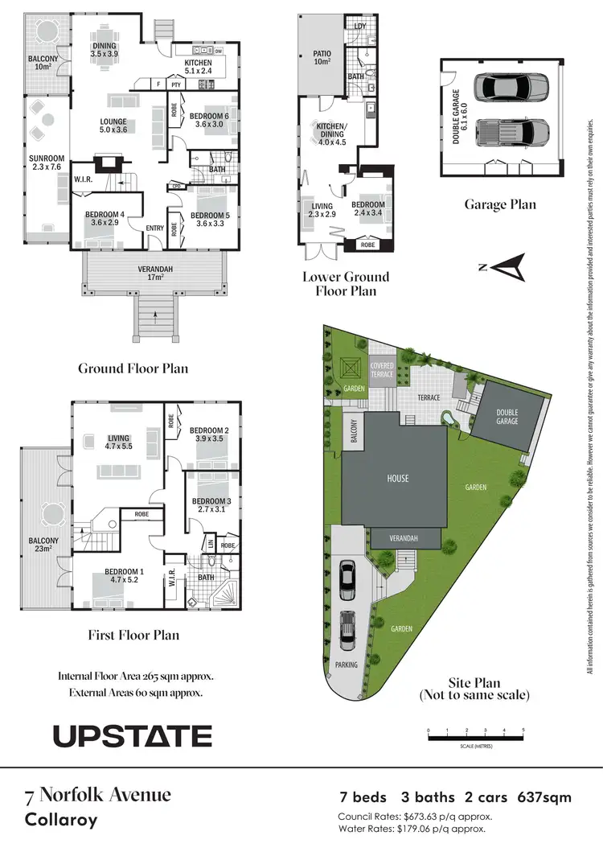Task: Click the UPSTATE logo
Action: click(x=133, y=735)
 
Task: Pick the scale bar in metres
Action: click(x=476, y=734)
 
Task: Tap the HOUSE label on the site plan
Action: click(x=398, y=479)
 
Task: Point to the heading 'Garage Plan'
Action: click(x=499, y=204)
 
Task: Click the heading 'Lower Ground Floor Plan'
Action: click(x=346, y=283)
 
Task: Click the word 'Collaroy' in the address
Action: click(x=60, y=821)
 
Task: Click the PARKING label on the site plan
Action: click(x=347, y=665)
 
